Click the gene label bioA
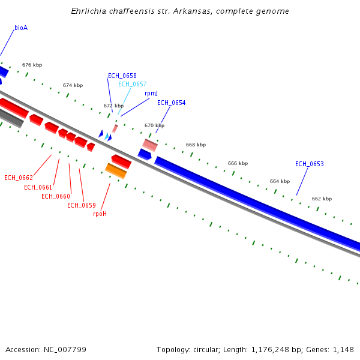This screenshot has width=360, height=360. [21, 28]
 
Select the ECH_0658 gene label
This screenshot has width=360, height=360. [122, 76]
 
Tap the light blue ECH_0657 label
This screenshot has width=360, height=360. [132, 85]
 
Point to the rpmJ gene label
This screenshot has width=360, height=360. [151, 94]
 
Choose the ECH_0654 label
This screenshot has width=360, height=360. [171, 103]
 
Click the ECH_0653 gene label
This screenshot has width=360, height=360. [309, 164]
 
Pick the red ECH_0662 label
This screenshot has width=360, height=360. [18, 178]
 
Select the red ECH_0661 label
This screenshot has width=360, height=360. [38, 187]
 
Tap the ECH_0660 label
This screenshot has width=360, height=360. [55, 197]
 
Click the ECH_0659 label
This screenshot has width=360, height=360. [81, 206]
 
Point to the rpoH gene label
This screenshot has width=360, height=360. [100, 214]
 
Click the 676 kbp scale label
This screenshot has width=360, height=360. [32, 65]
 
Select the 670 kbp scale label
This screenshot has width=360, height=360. [154, 126]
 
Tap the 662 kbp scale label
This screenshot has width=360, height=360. [321, 199]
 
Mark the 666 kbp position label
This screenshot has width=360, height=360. [238, 163]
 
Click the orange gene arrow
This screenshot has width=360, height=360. [116, 170]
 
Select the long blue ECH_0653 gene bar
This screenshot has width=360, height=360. [258, 201]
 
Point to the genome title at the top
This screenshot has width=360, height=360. [180, 11]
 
